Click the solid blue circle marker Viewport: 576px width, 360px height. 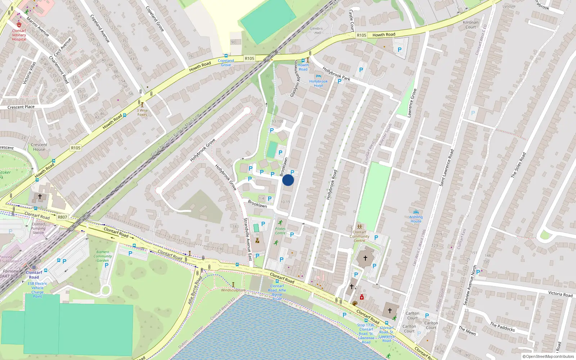tap(288, 180)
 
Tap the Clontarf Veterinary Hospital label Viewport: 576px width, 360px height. tap(19, 35)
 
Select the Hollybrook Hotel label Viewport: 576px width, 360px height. tap(318, 84)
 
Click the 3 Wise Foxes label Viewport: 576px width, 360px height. tap(142, 113)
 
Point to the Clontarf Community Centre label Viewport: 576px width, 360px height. tap(359, 236)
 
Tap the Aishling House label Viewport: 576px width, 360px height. tap(416, 219)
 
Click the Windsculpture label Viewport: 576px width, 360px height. tap(233, 290)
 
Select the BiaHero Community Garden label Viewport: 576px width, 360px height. tap(103, 256)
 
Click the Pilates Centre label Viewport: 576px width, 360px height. tap(280, 231)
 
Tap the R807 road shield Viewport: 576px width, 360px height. tap(62, 217)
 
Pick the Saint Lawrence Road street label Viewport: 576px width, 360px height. tap(446, 168)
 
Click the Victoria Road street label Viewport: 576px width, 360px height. tap(560, 294)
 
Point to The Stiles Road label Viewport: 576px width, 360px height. tap(518, 165)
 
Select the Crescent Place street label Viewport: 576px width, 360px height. tap(21, 107)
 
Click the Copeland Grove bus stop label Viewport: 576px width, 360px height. tap(226, 63)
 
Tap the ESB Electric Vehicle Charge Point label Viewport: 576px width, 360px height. tap(37, 290)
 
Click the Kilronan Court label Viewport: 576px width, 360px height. tap(471, 24)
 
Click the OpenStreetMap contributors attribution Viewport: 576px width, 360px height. tap(548, 357)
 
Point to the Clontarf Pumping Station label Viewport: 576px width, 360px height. tap(38, 228)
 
